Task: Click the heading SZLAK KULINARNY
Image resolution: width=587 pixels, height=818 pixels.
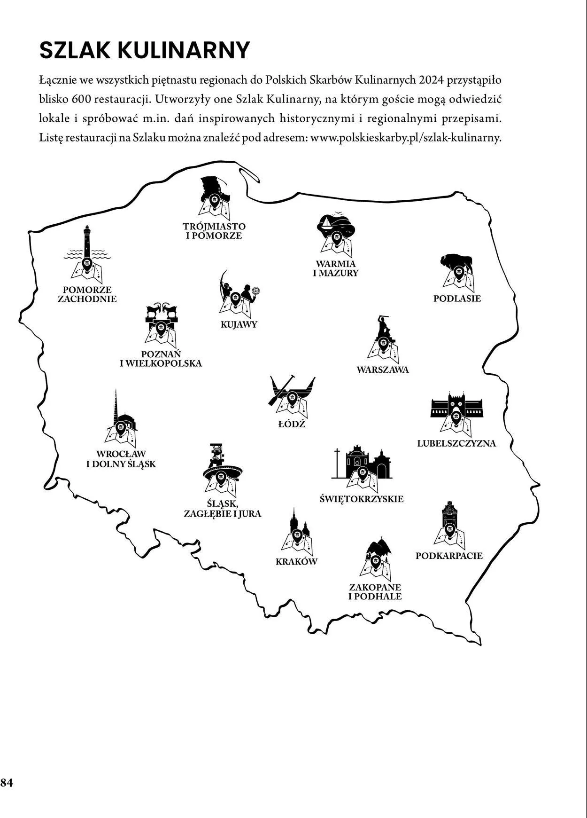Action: [144, 50]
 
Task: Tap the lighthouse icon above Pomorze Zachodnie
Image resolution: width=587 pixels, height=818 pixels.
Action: [86, 254]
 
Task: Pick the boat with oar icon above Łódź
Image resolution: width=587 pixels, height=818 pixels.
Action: [292, 395]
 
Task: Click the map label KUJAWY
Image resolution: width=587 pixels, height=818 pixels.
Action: [239, 324]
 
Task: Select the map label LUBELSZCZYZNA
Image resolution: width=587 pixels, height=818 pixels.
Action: [456, 443]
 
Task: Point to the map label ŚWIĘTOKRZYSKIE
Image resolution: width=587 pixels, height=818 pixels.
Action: [361, 499]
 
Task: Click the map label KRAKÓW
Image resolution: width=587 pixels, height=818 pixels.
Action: [296, 561]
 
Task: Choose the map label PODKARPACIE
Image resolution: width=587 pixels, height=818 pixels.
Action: [449, 556]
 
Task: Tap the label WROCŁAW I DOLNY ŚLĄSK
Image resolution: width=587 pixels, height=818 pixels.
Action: [121, 459]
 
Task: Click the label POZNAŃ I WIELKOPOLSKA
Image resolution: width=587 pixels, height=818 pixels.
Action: [161, 358]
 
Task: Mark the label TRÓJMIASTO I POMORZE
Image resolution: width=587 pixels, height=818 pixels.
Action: [214, 231]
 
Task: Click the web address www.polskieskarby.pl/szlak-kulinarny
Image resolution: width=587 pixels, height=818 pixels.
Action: [406, 138]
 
